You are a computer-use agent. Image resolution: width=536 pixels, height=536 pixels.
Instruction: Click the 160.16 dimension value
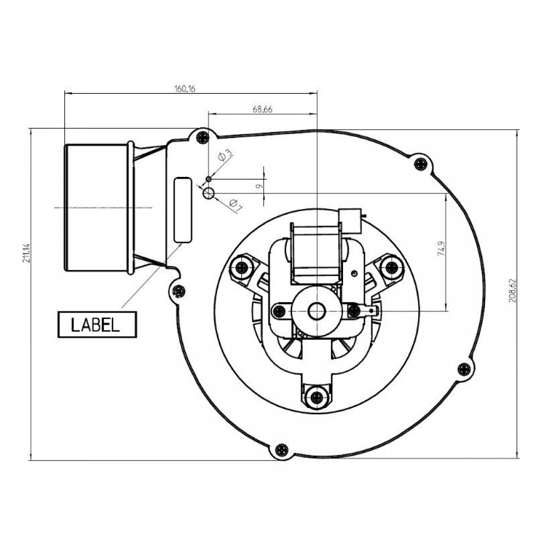coord(184,89)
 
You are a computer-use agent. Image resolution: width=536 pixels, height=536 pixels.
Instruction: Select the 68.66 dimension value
coord(263,109)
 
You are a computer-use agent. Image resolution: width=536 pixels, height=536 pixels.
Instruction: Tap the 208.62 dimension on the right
coord(512,291)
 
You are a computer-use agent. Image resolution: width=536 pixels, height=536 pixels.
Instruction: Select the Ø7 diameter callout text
coord(235,204)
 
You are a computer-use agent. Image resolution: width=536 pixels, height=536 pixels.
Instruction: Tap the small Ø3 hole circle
coord(209,179)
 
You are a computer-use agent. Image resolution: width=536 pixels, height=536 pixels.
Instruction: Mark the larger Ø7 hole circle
coord(209,193)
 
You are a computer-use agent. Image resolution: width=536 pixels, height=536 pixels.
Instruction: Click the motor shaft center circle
coord(317,311)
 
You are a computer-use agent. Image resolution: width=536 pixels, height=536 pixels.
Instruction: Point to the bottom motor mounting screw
coord(317,397)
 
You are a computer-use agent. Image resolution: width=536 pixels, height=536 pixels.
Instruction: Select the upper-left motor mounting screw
coord(243,265)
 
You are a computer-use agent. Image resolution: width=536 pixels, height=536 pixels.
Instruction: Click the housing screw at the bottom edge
coord(281,450)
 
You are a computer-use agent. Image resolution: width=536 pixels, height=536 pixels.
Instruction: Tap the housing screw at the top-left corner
coord(203,137)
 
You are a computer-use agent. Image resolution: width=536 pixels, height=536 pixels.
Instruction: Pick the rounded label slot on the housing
coord(183,210)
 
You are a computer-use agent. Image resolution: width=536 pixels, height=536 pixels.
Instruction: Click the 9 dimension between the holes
coord(260,187)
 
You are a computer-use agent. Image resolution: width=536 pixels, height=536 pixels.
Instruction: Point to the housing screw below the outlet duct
coord(179,291)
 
